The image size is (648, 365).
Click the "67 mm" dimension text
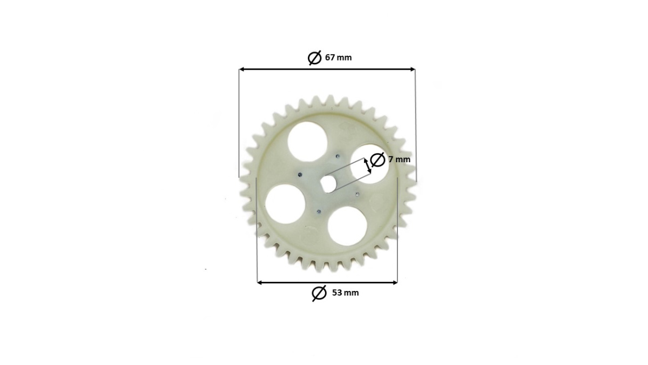pos(338,57)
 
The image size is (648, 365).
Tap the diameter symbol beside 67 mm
pos(315,57)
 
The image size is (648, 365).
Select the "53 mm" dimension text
pos(345,293)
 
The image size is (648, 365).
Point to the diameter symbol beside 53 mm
pos(319,293)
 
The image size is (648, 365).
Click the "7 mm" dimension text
pos(399,160)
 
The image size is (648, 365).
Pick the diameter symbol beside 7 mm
pos(378,160)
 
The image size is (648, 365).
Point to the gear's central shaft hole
pos(327,183)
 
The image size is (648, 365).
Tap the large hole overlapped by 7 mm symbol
pos(367,162)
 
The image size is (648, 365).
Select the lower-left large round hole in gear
pos(285,204)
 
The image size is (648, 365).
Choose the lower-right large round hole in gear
pos(347,224)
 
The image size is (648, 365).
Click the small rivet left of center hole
pos(299,174)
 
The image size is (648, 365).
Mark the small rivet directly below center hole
pos(317,211)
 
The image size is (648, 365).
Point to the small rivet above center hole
pos(337,157)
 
